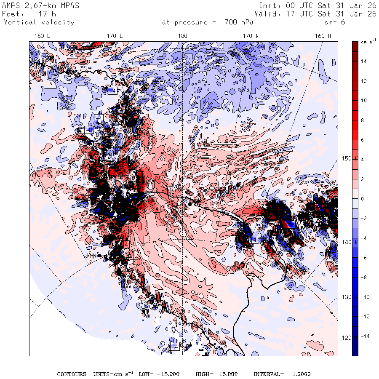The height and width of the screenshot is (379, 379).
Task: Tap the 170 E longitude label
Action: pyautogui.click(x=115, y=36)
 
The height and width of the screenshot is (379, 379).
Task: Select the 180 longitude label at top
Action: pyautogui.click(x=183, y=36)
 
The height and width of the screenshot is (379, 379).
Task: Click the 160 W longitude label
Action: pyautogui.click(x=323, y=36)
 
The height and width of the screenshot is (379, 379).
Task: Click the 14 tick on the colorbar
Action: pyautogui.click(x=363, y=61)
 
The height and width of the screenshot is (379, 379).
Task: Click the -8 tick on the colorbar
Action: pyautogui.click(x=364, y=277)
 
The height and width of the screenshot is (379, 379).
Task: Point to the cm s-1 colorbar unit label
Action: pyautogui.click(x=369, y=42)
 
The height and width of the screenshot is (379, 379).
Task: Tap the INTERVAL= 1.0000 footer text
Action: pyautogui.click(x=282, y=374)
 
